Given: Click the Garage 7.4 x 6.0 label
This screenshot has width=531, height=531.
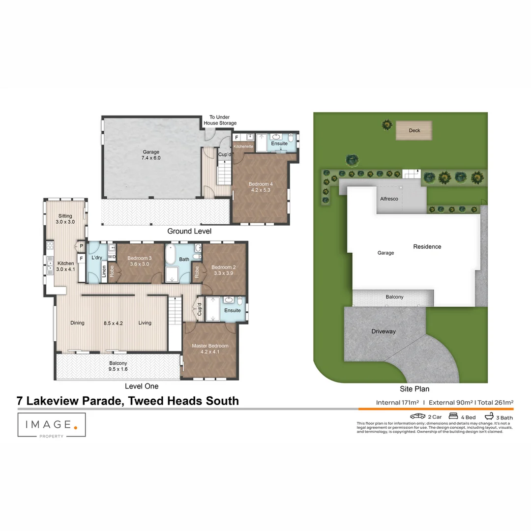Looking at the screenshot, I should click(151, 155).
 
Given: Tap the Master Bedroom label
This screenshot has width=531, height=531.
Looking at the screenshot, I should click(210, 349).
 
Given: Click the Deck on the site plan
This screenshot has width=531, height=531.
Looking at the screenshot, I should click(414, 131).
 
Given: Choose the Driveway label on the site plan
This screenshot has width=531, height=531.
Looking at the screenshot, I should click(383, 331).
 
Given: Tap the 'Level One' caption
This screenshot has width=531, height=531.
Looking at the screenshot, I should click(142, 386).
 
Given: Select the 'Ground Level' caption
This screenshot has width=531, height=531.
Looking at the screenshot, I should click(189, 231).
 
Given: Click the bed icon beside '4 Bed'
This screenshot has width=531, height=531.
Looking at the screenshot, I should click(453, 416).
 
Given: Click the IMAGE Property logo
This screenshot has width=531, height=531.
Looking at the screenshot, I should click(52, 425).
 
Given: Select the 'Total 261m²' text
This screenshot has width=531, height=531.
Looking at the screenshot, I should click(495, 403).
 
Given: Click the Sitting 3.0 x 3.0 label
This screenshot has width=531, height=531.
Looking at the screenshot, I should click(65, 219).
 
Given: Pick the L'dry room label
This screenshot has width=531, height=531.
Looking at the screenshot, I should click(97, 258).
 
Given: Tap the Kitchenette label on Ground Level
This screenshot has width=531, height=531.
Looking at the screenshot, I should click(243, 147).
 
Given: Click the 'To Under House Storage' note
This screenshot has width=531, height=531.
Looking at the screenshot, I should click(220, 120).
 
